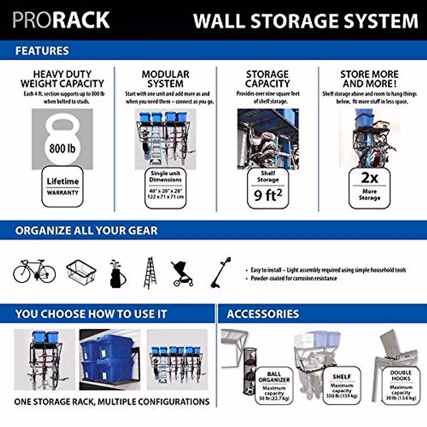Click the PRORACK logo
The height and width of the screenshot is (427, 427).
61,20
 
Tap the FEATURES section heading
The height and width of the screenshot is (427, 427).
42,51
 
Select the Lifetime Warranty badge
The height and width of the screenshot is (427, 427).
62,186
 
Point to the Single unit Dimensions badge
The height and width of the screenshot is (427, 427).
165,188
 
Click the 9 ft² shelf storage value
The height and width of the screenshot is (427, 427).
268,195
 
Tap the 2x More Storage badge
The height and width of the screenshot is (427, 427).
369,188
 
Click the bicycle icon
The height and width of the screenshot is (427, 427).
35,272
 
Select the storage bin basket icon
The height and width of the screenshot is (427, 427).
81,272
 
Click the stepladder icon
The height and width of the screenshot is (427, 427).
150,273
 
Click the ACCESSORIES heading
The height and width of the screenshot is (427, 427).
263,314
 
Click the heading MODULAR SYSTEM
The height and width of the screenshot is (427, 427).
165,79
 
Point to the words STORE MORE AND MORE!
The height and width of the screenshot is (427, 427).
369,79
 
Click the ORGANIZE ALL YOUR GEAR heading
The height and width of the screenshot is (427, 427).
86,230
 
